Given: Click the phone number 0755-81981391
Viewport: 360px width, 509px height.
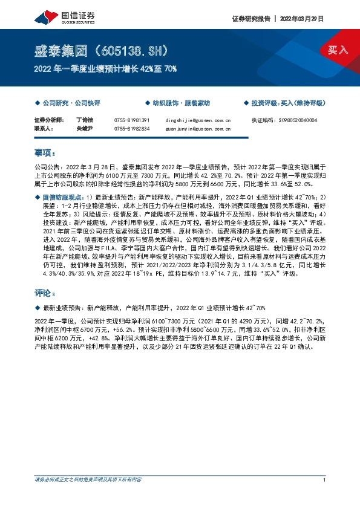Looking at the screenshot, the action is (x=131, y=120).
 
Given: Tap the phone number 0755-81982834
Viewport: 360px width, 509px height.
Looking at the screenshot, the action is (x=131, y=128).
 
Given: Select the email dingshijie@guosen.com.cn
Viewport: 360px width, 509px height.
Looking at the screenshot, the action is (x=198, y=120).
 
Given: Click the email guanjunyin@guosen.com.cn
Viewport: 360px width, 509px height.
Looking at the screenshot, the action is (x=198, y=128).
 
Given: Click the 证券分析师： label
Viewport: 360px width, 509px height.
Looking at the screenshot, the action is (x=48, y=120).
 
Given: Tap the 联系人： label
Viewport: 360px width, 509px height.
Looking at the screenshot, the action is (x=44, y=128).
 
